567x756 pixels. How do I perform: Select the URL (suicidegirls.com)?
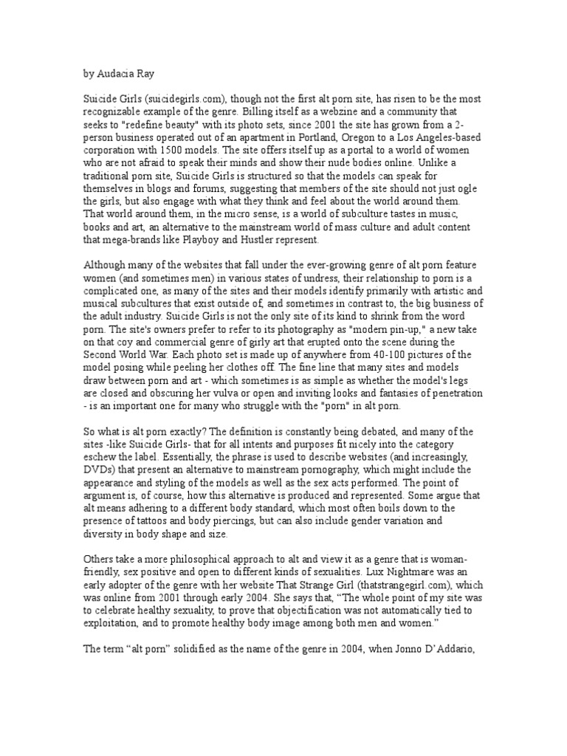pos(182,102)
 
